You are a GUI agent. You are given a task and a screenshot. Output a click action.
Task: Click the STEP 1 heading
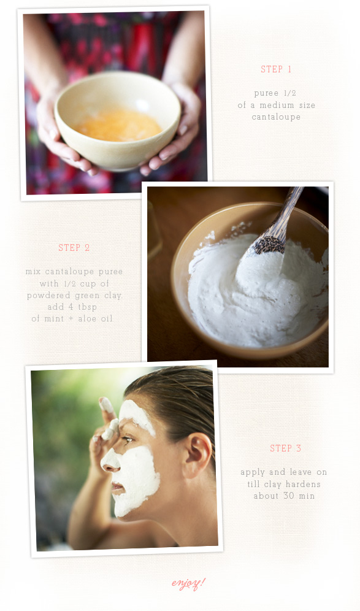pyautogui.click(x=276, y=69)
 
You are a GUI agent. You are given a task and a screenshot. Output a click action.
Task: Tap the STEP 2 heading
pyautogui.click(x=74, y=247)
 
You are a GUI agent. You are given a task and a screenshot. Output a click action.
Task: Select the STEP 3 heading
pyautogui.click(x=286, y=448)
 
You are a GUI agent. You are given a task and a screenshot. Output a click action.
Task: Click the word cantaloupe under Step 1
pyautogui.click(x=276, y=117)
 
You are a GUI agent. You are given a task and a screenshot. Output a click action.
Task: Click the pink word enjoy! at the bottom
pyautogui.click(x=188, y=583)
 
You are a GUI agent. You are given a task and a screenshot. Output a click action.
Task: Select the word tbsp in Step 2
pyautogui.click(x=87, y=307)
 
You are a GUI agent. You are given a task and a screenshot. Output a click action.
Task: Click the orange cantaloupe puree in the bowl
pyautogui.click(x=118, y=125)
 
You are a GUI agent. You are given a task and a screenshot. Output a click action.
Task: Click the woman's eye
pyautogui.click(x=128, y=440)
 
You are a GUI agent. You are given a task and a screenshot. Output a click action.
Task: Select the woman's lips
pyautogui.click(x=116, y=486)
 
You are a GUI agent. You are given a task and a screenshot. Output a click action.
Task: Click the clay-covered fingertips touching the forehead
pyautogui.click(x=109, y=418)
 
